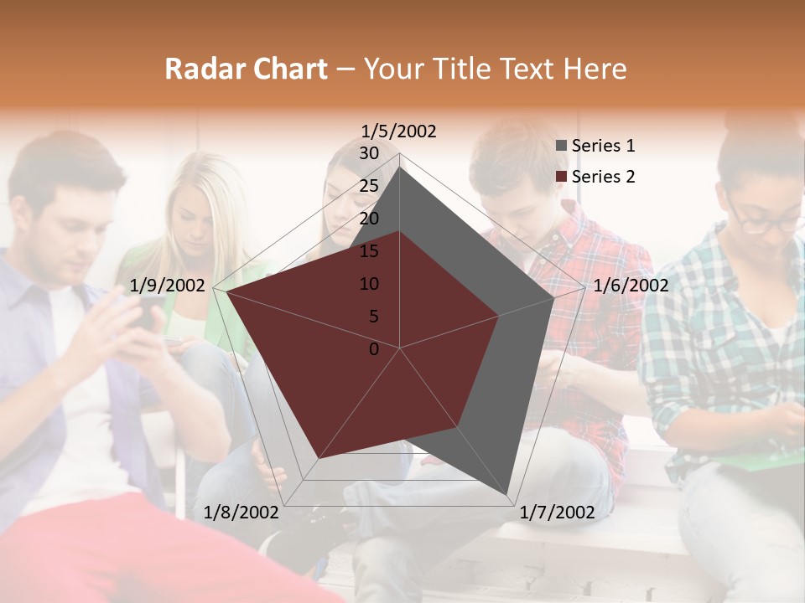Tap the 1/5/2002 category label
click(x=398, y=131)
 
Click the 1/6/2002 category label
click(x=631, y=286)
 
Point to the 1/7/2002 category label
click(x=557, y=513)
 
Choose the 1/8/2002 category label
click(x=241, y=513)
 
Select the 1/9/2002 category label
click(x=168, y=286)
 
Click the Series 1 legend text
click(x=603, y=146)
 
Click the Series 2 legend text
click(x=603, y=177)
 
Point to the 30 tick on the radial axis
click(x=369, y=153)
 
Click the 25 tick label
click(x=369, y=186)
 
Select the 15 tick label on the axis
click(x=369, y=251)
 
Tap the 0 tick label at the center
click(x=374, y=349)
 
